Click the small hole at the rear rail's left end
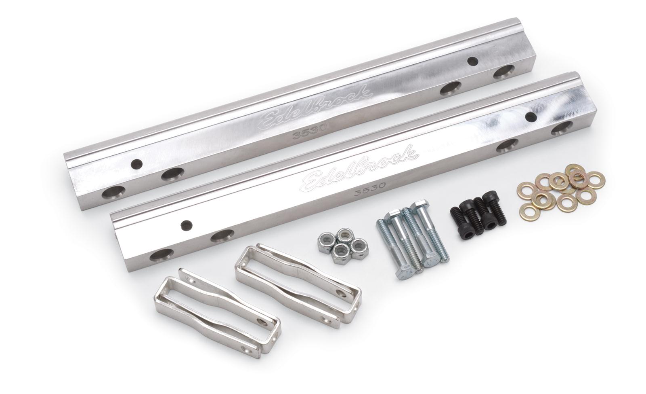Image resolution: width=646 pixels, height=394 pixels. point(138,164)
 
